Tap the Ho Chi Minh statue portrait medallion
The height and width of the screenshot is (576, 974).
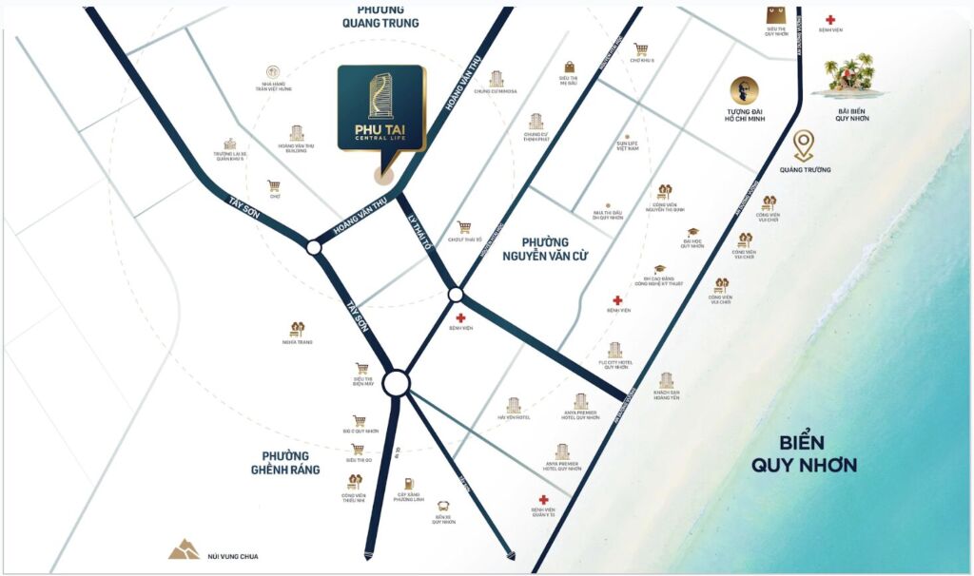[744, 91]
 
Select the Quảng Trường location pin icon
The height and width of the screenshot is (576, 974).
[804, 145]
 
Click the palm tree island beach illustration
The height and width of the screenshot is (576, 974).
[849, 72]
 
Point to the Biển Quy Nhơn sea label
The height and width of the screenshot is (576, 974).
[804, 454]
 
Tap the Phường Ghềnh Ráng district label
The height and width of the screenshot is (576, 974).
[280, 462]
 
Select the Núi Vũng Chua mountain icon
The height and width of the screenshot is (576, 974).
[184, 548]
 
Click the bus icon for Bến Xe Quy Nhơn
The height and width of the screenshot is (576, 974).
[443, 507]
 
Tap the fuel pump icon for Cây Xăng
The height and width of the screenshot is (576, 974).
[408, 483]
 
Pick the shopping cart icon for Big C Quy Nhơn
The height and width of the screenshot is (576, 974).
[359, 420]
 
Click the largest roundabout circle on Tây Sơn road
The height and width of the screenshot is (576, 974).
[397, 383]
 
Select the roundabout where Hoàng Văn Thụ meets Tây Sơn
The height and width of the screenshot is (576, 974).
[314, 247]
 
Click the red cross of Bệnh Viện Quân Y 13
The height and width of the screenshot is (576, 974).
[543, 499]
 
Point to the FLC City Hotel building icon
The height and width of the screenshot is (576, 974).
[614, 350]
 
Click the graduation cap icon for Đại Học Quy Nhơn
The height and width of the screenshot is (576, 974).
[692, 232]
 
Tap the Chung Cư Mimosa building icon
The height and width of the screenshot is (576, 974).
[496, 79]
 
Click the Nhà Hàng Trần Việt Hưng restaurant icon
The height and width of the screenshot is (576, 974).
[273, 71]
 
